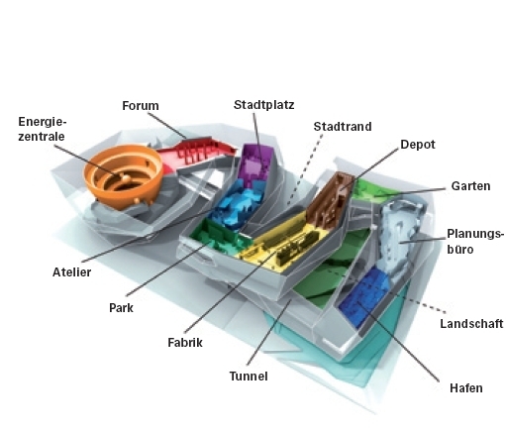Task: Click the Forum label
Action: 141,106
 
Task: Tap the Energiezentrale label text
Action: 42,129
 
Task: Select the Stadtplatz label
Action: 263,105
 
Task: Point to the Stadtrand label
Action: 343,127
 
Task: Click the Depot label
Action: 418,145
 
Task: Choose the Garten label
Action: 470,186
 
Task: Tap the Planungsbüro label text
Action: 475,241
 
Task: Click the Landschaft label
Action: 471,324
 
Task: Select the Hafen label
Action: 465,387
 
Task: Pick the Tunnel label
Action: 249,377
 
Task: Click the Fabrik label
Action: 185,343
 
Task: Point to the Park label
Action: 121,308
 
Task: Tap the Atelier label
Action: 71,272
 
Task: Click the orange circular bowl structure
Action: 123,175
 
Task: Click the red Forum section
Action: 198,152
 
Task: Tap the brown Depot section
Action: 330,200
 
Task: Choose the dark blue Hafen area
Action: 364,296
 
